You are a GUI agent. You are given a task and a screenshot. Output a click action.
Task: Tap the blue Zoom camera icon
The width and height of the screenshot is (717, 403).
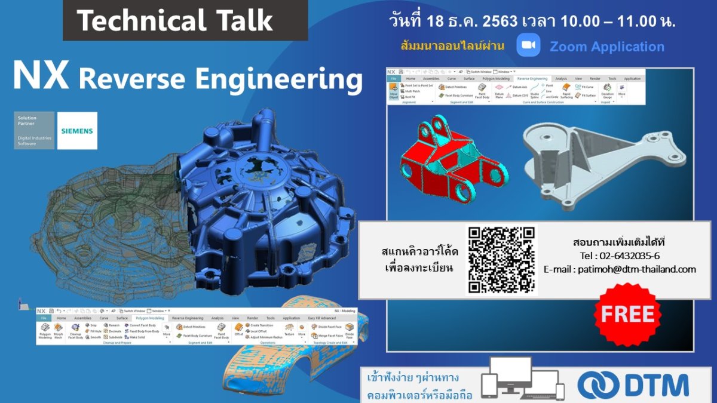528,45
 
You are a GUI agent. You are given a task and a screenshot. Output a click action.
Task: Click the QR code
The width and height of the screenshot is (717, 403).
501,260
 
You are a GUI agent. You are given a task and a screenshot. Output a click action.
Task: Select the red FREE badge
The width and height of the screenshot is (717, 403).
627,315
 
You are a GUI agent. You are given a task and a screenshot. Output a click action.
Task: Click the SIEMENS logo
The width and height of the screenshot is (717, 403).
78,130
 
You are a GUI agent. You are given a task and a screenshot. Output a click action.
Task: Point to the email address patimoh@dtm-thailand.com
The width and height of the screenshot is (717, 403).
620,269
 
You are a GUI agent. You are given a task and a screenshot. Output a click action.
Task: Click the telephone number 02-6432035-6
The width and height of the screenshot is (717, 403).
620,256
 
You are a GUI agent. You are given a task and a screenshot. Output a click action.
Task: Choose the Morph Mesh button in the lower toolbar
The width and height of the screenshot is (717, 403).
58,331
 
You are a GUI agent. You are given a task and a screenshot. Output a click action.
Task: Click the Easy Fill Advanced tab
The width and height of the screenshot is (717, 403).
322,318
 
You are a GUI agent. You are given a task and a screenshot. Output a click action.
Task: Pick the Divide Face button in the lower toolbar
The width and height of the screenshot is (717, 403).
350,331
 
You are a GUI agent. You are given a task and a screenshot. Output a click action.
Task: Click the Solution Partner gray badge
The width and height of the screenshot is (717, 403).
35,130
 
